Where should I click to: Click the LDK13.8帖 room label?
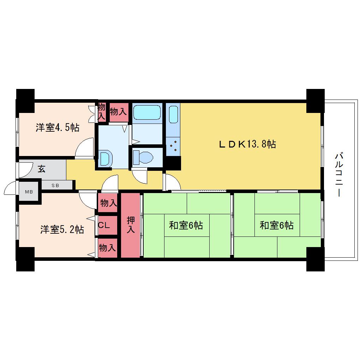point(247,144)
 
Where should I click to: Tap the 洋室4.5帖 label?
point(58,127)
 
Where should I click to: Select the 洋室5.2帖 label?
point(62,229)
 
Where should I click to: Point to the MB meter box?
point(29,192)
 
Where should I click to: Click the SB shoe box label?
point(55,186)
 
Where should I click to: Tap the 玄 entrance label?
point(42,169)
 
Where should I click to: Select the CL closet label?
point(104,225)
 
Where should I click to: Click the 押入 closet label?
point(131,225)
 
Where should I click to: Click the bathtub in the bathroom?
point(147,112)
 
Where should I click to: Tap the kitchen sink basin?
point(173,115)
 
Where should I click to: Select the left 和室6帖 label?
point(186,225)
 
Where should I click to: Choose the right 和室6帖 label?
point(277,225)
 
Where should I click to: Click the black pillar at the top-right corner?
point(316,101)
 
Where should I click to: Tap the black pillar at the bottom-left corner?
point(25,259)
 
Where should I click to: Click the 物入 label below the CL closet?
point(107,248)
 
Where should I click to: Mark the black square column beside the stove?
point(173,163)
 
